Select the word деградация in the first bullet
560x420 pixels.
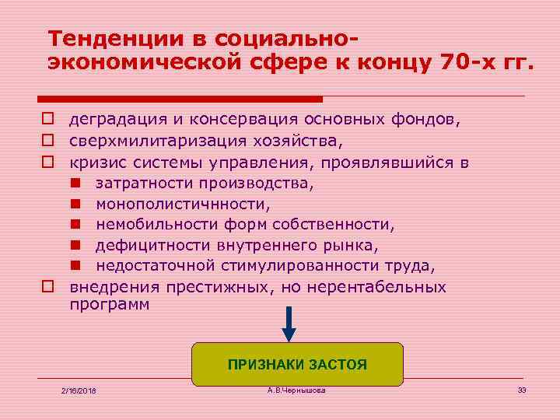116,121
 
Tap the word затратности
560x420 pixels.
144,184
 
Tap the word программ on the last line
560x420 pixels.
109,305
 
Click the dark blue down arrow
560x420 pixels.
289,324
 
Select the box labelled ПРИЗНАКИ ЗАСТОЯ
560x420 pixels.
297,364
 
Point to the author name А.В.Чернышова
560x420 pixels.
296,389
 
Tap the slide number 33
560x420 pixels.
522,389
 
